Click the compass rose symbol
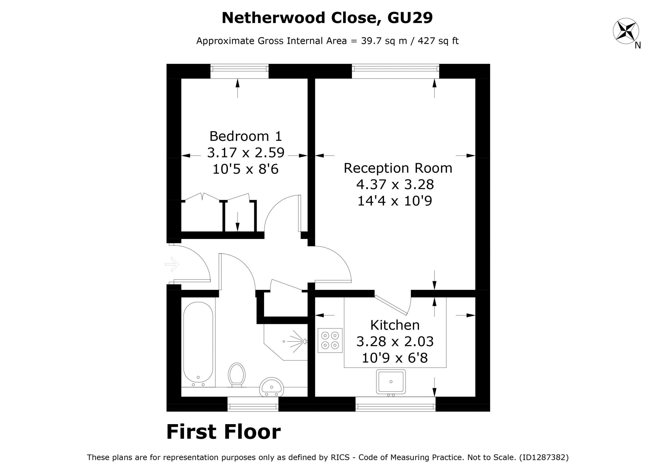point(626,31)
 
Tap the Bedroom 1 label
point(245,136)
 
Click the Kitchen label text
point(395,325)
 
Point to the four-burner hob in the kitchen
point(330,340)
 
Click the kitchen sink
point(391,382)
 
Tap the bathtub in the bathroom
point(198,342)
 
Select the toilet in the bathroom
point(236,375)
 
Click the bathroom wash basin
point(271,388)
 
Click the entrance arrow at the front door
point(172,264)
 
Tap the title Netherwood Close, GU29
point(327,18)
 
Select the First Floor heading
point(224,432)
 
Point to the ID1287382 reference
point(543,457)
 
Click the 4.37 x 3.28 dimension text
point(395,184)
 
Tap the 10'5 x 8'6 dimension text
point(245,169)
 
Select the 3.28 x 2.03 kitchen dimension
point(395,342)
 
